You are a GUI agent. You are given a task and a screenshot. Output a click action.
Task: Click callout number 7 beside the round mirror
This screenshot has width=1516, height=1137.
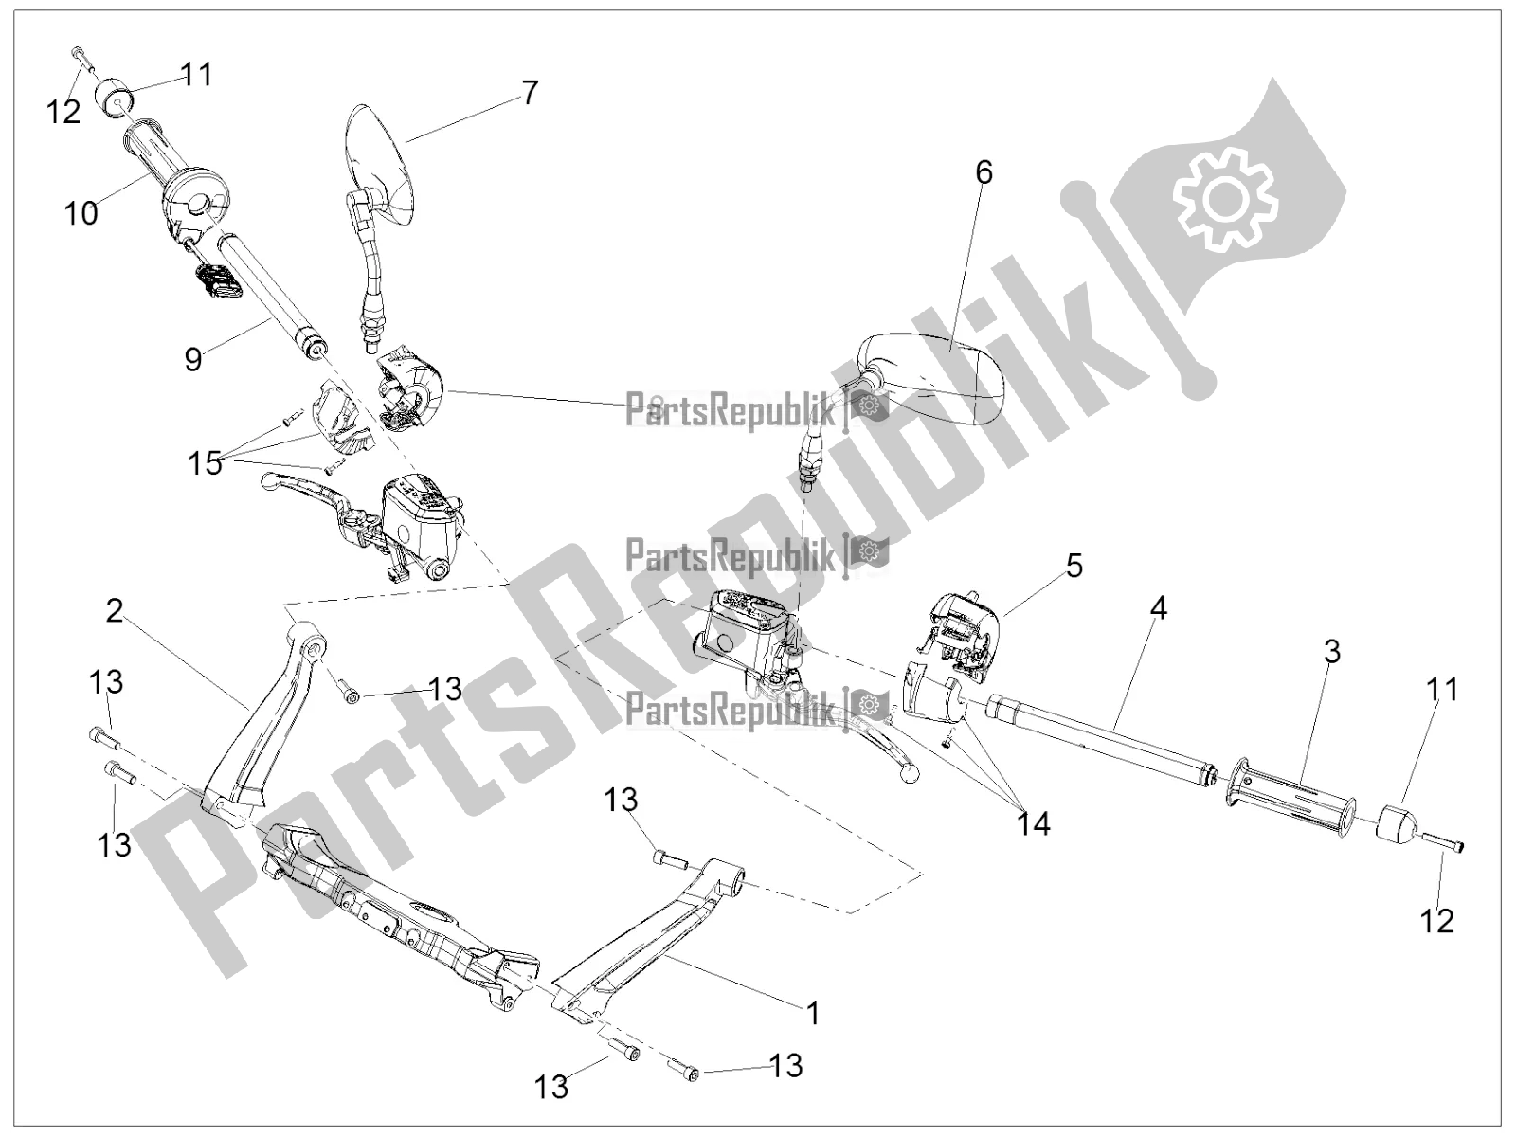pos(529,93)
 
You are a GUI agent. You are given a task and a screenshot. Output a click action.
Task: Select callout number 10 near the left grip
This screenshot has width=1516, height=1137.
pos(81,213)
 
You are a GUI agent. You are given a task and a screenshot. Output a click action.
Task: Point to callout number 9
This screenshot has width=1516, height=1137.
pos(193,359)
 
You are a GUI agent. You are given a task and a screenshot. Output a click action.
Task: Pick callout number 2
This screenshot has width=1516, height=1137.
pos(114,611)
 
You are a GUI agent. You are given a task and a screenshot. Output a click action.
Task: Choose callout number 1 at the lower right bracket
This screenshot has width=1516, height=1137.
pos(811,1014)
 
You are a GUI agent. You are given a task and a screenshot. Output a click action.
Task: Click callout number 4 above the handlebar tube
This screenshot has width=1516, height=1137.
pos(1157,608)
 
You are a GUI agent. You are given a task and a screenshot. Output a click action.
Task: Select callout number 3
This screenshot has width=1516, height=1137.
pos(1331,651)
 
